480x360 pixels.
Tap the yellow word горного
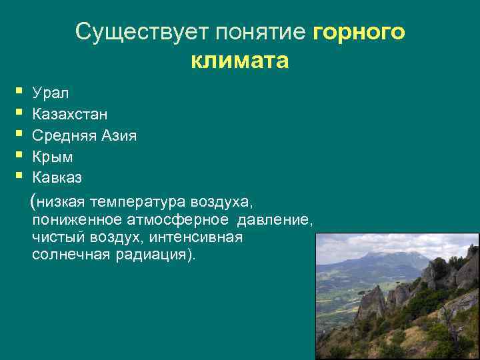pos(358,31)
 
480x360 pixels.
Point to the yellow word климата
pos(239,61)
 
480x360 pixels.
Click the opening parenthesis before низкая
pos(33,201)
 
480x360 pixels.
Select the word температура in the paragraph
pos(139,201)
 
